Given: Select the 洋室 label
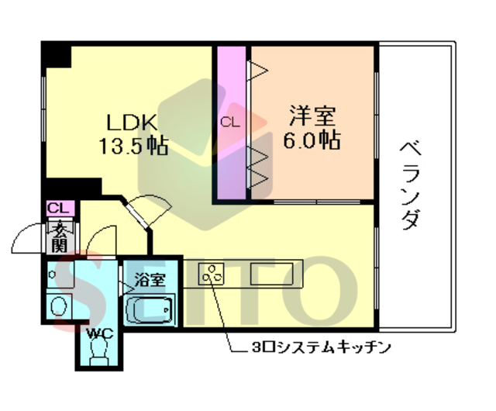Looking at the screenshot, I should pyautogui.click(x=312, y=117).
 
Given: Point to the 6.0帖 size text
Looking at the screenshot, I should pyautogui.click(x=312, y=140).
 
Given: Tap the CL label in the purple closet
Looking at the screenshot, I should pyautogui.click(x=229, y=122).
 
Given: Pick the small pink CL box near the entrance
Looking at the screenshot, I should pyautogui.click(x=58, y=208).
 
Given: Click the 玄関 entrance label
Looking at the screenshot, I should pyautogui.click(x=59, y=236).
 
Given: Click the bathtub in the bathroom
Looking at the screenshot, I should pyautogui.click(x=150, y=312).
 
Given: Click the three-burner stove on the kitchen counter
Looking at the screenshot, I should pyautogui.click(x=211, y=274).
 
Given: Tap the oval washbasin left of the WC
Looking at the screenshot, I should pyautogui.click(x=59, y=307).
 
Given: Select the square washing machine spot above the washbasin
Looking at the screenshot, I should pyautogui.click(x=58, y=274).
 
